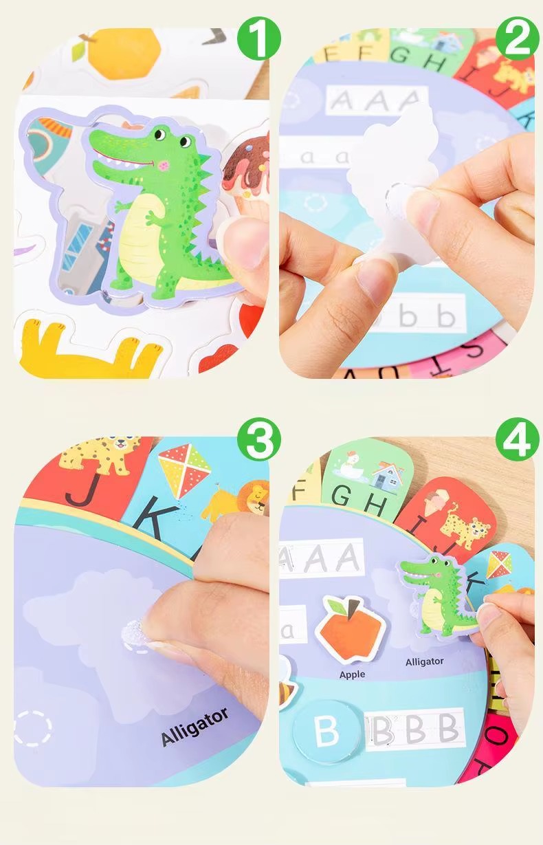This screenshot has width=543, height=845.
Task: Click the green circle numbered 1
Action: tap(259, 41)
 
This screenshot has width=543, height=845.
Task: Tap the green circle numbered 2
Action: tap(517, 41)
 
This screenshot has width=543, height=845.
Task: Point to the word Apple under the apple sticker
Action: tap(352, 674)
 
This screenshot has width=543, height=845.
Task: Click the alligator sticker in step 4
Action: tap(437, 595)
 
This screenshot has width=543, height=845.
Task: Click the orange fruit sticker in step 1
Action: tap(126, 53)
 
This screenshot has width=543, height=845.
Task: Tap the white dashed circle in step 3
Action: tap(32, 728)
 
